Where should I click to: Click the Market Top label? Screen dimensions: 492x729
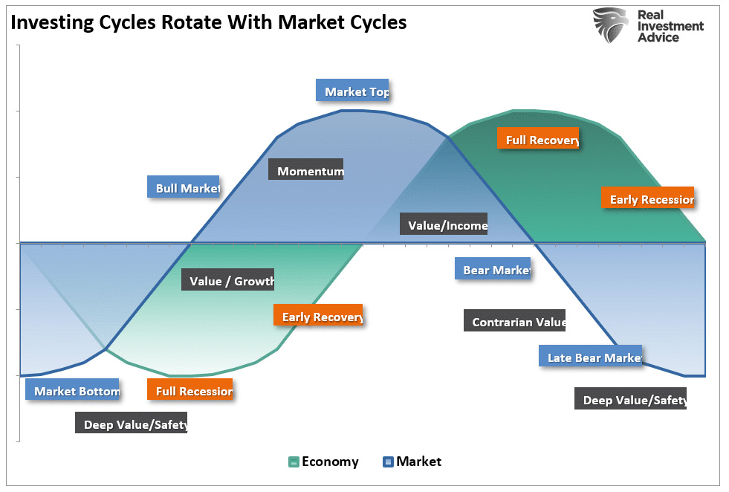pos(353,91)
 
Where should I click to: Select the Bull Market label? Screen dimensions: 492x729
pos(184,187)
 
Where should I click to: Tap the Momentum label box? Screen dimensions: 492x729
pos(306,170)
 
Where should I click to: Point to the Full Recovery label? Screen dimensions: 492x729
pos(538,138)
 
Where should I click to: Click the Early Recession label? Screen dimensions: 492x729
pos(647,198)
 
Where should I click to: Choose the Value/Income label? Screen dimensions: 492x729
pos(444,224)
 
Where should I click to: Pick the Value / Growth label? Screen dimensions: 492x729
pos(228,280)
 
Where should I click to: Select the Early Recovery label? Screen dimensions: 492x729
pos(318,316)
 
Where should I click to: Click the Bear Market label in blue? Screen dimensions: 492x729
pos(493,269)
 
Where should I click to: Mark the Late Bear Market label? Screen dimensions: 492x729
pos(591,357)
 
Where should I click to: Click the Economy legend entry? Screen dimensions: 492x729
pos(323,462)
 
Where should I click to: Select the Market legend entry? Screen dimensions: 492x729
pos(412,462)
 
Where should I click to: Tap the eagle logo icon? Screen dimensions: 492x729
pos(611,25)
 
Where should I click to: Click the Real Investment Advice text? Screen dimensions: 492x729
pos(669,26)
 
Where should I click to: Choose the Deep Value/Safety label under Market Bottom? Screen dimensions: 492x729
pos(132,424)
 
